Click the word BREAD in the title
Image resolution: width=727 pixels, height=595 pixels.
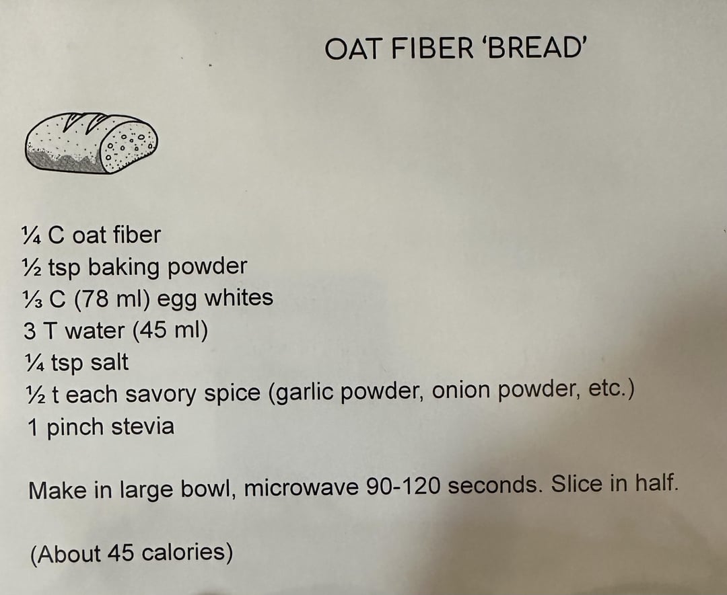[x=534, y=48]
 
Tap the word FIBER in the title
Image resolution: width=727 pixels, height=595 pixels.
[x=432, y=48]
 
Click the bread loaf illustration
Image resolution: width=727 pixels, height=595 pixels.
[x=92, y=143]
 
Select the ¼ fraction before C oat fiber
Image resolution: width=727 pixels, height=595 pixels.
[x=32, y=235]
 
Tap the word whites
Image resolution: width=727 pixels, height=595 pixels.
[x=238, y=297]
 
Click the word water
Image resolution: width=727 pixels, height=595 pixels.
[x=95, y=331]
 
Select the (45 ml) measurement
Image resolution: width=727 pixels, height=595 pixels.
[x=170, y=330]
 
